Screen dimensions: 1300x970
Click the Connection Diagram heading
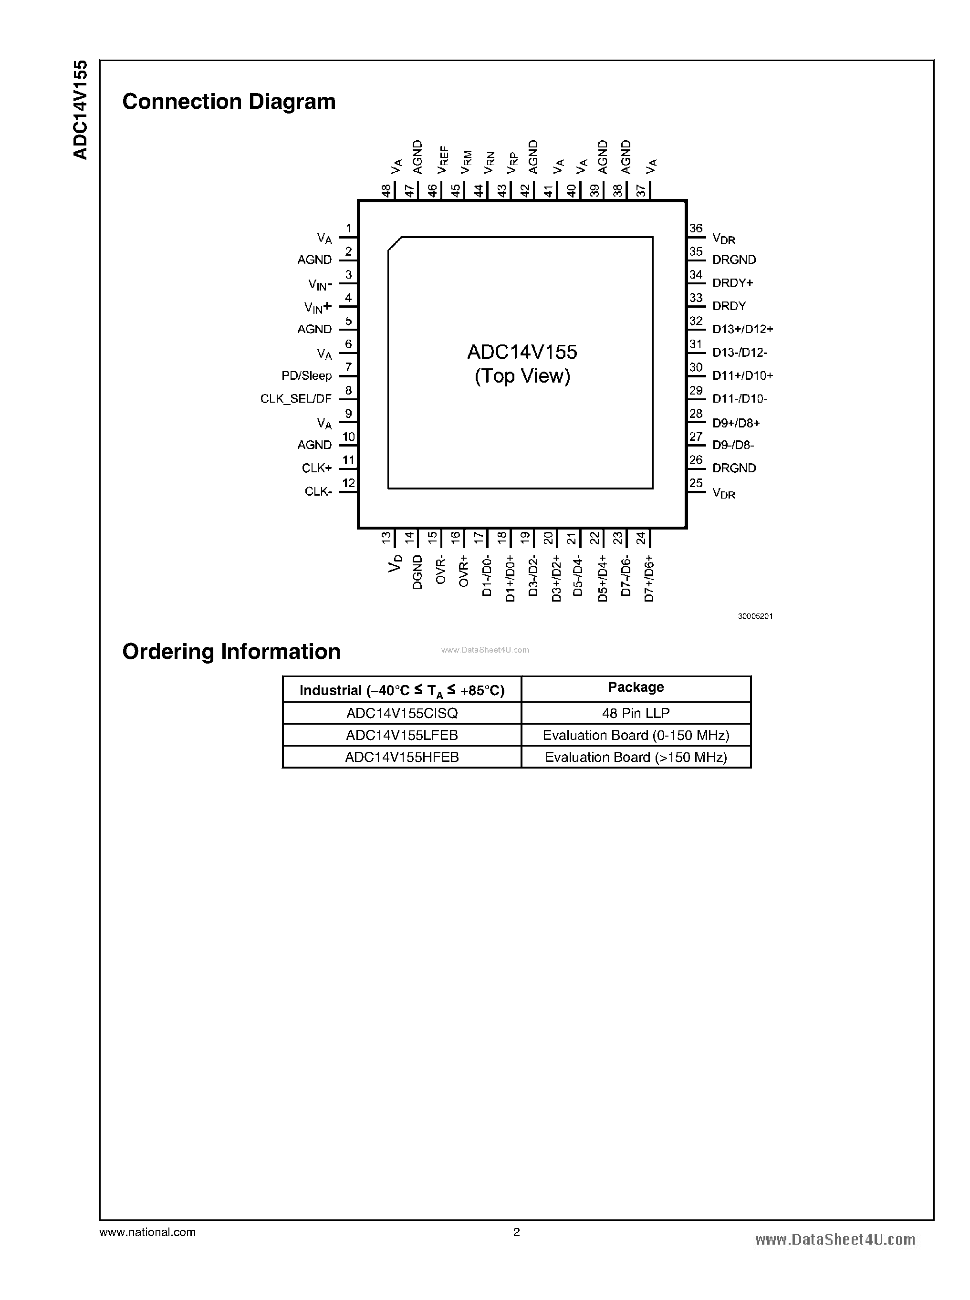pyautogui.click(x=229, y=102)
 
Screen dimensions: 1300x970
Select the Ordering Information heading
pyautogui.click(x=231, y=651)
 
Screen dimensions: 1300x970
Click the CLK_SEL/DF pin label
pyautogui.click(x=296, y=399)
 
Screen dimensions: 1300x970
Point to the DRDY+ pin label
pyautogui.click(x=732, y=282)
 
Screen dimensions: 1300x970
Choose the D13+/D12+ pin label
pyautogui.click(x=742, y=329)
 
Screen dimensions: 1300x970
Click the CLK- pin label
pyautogui.click(x=318, y=491)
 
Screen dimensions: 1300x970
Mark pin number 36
pyautogui.click(x=696, y=229)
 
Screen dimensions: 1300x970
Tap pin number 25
pyautogui.click(x=696, y=483)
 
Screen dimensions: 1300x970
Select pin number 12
pyautogui.click(x=349, y=483)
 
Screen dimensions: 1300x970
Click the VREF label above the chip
pyautogui.click(x=443, y=160)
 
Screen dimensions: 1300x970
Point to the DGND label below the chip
pyautogui.click(x=417, y=572)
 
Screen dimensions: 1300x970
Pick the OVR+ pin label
pyautogui.click(x=464, y=571)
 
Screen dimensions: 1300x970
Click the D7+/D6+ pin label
pyautogui.click(x=649, y=578)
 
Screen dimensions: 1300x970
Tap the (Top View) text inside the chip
pyautogui.click(x=522, y=376)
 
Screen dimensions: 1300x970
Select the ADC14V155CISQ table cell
pyautogui.click(x=402, y=713)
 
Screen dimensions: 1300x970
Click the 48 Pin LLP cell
pyautogui.click(x=636, y=713)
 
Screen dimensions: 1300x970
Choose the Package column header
pyautogui.click(x=636, y=687)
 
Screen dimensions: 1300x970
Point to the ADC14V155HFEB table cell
pyautogui.click(x=402, y=757)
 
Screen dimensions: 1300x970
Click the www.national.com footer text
pyautogui.click(x=147, y=1232)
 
